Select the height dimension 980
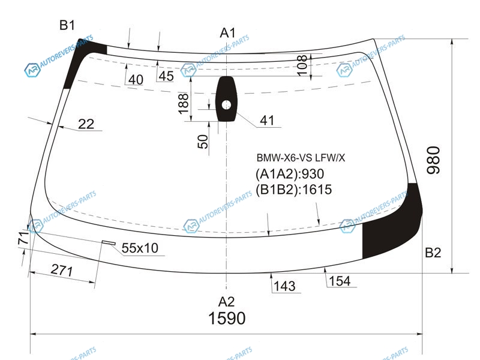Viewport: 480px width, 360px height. tap(433, 160)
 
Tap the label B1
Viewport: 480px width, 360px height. tap(67, 25)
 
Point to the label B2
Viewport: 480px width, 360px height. tap(433, 253)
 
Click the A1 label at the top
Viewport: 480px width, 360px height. tap(227, 32)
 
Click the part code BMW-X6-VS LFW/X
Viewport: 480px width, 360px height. tap(301, 158)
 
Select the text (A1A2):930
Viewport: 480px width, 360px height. tap(290, 175)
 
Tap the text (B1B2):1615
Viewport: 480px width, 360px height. tap(293, 190)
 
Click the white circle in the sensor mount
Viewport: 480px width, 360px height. tap(226, 105)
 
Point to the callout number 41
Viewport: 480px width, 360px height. tap(267, 121)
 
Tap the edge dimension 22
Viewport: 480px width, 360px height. tap(86, 124)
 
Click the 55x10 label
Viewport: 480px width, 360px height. tap(140, 248)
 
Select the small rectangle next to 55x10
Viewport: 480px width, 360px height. tap(109, 242)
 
